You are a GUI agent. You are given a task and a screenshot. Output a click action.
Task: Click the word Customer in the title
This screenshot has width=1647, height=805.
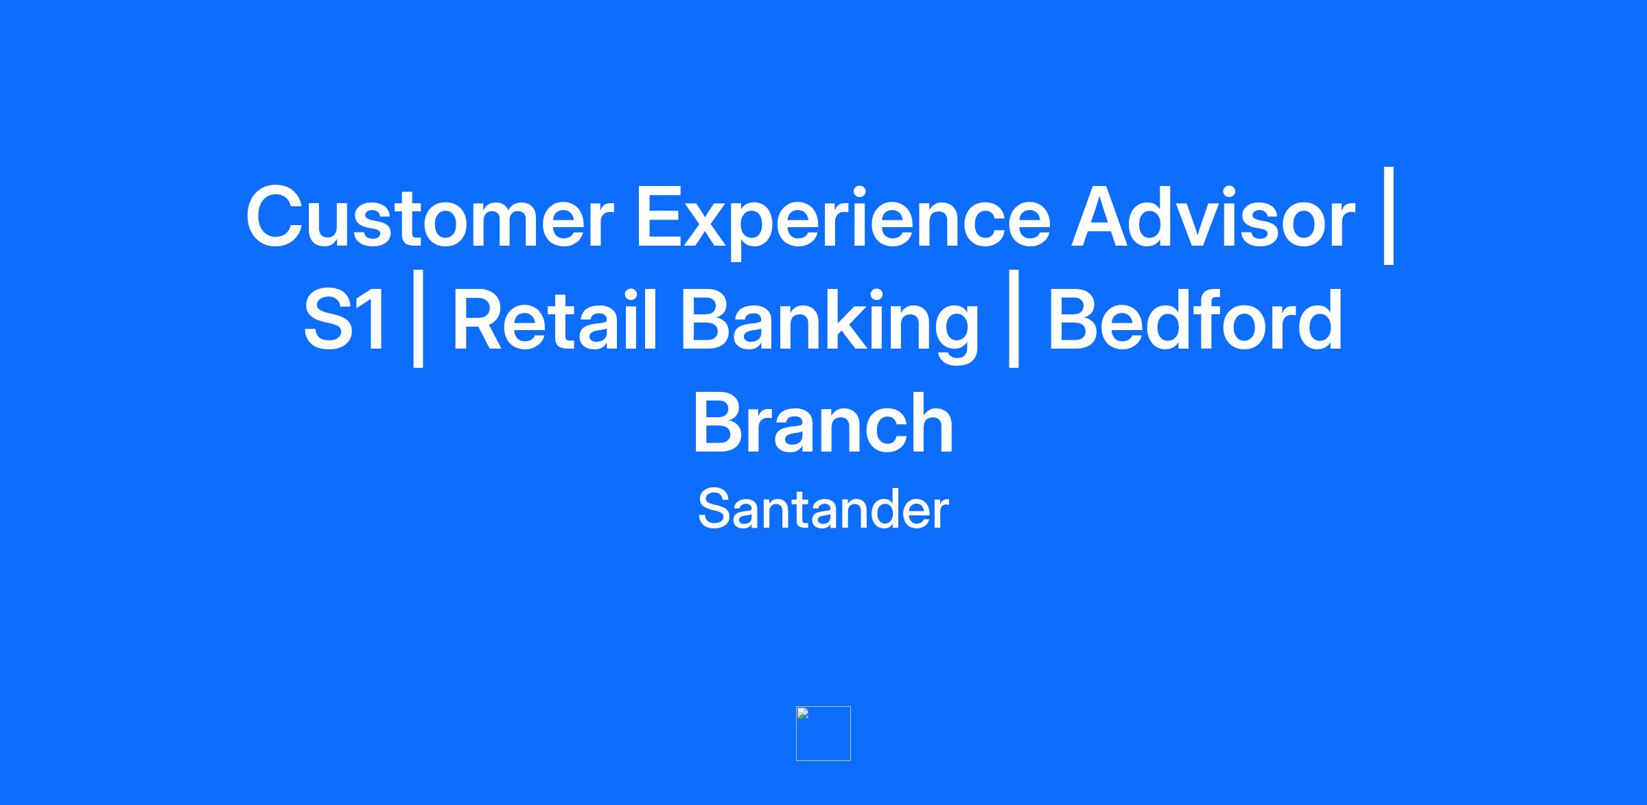[x=430, y=216]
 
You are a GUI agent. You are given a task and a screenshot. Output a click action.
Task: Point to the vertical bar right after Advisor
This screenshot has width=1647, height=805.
[x=1389, y=215]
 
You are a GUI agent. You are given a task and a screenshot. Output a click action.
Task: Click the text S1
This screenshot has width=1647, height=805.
[x=344, y=320]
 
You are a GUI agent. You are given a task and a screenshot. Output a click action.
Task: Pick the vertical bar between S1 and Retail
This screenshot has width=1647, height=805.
[x=418, y=318]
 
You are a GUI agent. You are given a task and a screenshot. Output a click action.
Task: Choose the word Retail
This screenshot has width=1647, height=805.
[x=555, y=318]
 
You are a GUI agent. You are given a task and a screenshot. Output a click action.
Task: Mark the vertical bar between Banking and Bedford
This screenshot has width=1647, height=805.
[x=1013, y=318]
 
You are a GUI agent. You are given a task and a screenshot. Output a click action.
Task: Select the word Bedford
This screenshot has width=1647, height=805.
[x=1195, y=318]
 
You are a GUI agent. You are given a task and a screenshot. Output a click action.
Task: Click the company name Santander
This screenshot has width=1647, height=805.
[x=823, y=509]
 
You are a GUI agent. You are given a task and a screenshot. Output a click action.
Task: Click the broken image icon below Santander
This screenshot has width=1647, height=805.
[x=823, y=734]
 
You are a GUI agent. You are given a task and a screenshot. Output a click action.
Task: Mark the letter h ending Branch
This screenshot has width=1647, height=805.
[x=931, y=421]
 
